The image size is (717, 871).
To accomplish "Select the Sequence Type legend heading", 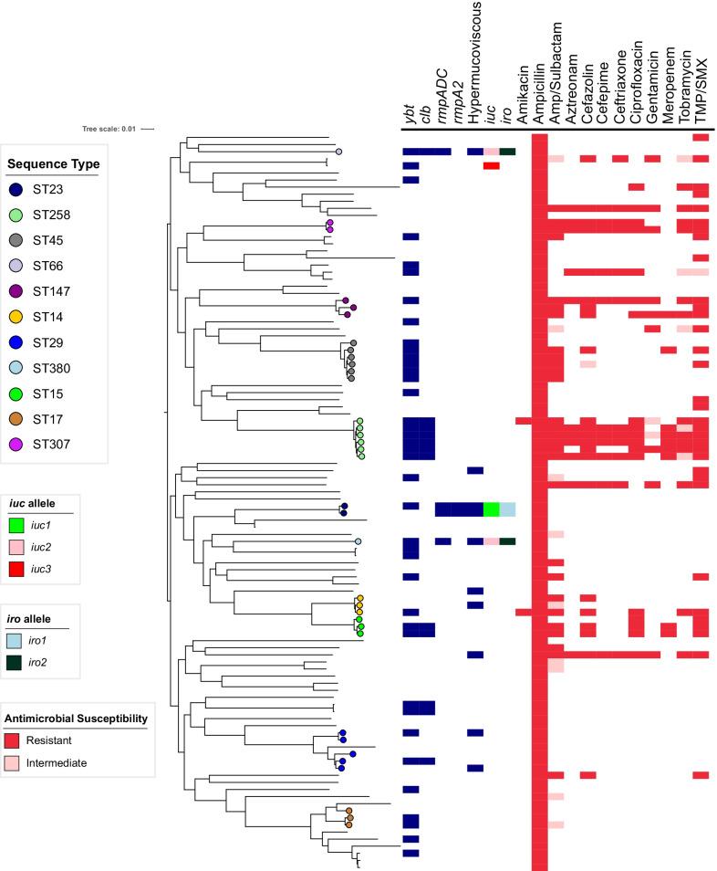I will [53, 164].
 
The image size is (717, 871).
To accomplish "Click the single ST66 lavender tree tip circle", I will [338, 152].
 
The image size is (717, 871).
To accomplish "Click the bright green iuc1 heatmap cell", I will [491, 509].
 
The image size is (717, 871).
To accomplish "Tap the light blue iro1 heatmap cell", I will [507, 509].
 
